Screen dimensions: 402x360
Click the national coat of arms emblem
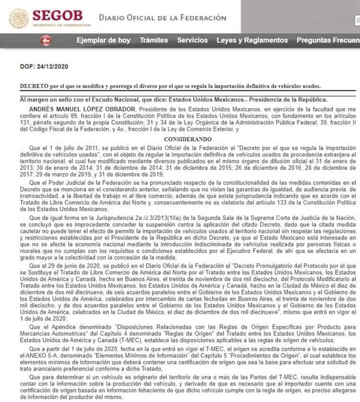[19, 18]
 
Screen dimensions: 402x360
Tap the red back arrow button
[47, 40]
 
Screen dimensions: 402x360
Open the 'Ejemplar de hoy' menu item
[103, 40]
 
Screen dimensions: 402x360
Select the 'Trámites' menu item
[154, 40]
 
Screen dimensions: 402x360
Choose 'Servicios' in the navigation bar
[192, 40]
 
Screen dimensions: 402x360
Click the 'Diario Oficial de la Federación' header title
[162, 18]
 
